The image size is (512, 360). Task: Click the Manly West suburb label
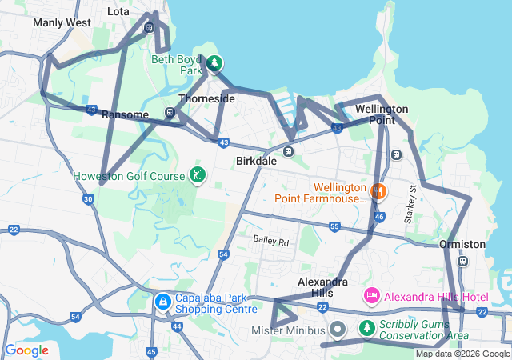pos(62,22)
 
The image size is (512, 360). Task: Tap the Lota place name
pos(118,13)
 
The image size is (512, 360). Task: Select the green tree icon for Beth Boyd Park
pos(214,63)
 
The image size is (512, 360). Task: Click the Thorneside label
pos(206,98)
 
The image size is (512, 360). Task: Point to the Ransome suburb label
pos(125,114)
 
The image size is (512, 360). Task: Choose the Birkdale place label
pos(256,161)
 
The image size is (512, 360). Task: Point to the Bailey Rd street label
pos(270,240)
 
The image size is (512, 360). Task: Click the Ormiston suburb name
pos(462,244)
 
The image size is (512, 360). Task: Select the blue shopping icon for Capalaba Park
pos(162,302)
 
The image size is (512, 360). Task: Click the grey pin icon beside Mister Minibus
pos(338,329)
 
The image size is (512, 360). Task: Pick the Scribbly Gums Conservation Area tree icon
pos(366,328)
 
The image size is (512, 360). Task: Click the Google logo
pos(27,350)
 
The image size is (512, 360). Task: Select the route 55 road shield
pos(334,228)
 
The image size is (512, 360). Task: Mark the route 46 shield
pos(379,216)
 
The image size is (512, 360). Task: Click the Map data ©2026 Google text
pos(462,354)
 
